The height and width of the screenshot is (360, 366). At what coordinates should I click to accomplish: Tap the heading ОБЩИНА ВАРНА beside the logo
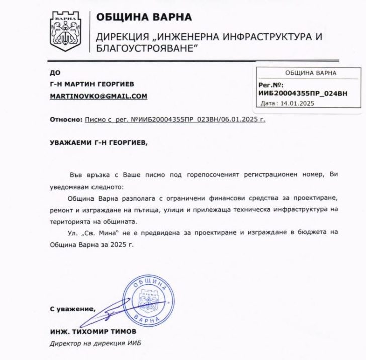[144, 17]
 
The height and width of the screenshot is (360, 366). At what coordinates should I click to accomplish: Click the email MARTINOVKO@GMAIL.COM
[98, 96]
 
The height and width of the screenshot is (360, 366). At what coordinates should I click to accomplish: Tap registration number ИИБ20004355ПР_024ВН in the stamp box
[303, 94]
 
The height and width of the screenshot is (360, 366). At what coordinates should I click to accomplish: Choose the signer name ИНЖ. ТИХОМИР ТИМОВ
[93, 333]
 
